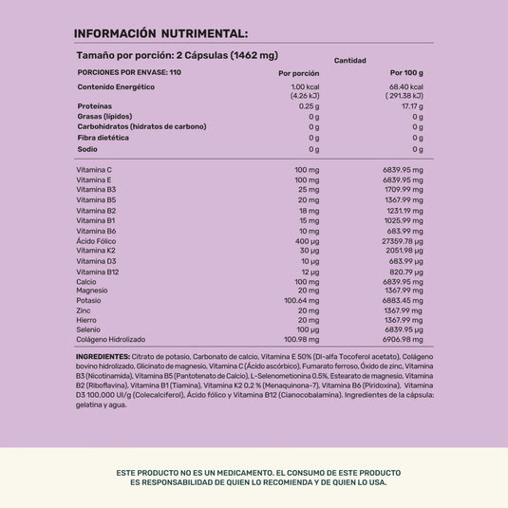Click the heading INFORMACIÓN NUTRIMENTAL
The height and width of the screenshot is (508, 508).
coord(160,33)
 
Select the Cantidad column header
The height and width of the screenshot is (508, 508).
coord(349,60)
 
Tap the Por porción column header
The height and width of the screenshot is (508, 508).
coord(298,73)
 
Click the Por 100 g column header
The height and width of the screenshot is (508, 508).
coord(406,73)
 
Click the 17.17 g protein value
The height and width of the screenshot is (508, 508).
coord(411,106)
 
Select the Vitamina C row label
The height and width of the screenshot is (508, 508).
coord(94,169)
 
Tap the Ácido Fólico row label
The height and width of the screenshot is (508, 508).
coord(96,240)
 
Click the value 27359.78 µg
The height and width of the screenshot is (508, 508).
coord(399,240)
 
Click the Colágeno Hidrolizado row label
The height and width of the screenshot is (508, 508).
coord(111,340)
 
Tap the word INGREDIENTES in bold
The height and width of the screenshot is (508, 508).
coord(102,357)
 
